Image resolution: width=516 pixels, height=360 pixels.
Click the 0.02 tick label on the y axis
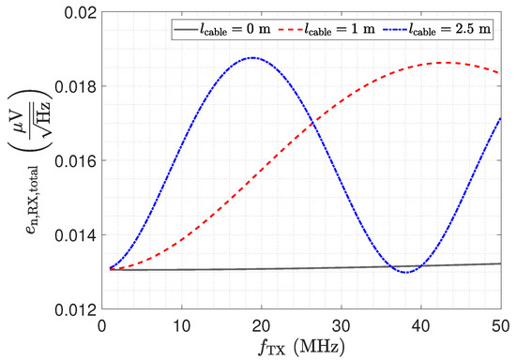click(x=80, y=13)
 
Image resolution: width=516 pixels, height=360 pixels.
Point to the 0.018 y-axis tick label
click(x=76, y=87)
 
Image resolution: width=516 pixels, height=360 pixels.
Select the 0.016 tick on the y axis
click(x=76, y=161)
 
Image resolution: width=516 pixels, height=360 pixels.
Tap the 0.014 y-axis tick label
click(x=76, y=235)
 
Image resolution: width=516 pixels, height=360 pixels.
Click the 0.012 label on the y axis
click(x=76, y=309)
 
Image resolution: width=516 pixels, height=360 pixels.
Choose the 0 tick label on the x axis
click(x=102, y=326)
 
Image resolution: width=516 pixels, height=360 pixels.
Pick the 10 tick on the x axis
click(x=182, y=326)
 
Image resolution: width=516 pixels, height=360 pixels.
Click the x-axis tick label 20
click(x=262, y=326)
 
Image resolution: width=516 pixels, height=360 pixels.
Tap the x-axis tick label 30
click(x=341, y=326)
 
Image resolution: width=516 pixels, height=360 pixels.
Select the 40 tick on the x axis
click(x=421, y=326)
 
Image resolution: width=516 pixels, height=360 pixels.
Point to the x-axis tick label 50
click(x=501, y=326)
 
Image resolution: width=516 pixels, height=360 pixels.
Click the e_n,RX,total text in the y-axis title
click(x=33, y=201)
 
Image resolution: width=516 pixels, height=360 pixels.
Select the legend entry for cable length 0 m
click(x=222, y=29)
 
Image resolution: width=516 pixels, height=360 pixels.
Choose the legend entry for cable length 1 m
click(x=326, y=29)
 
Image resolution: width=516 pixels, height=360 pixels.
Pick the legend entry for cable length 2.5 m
click(x=437, y=29)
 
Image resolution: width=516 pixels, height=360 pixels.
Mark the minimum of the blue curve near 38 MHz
click(x=407, y=272)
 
